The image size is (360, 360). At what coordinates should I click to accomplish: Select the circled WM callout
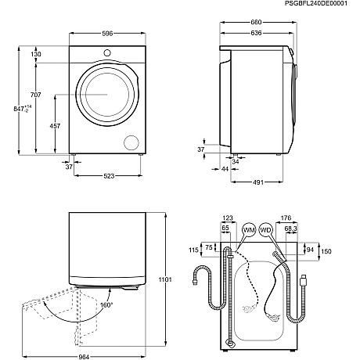(x=249, y=230)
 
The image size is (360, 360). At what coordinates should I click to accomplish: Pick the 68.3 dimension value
(x=292, y=228)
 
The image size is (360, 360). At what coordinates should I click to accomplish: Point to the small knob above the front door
(x=106, y=53)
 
